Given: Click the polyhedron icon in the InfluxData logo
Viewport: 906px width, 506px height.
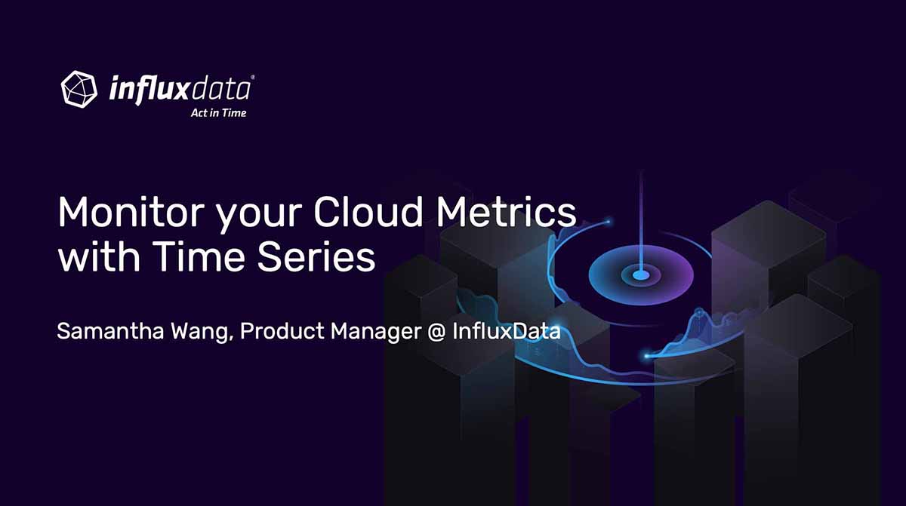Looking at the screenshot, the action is (x=79, y=89).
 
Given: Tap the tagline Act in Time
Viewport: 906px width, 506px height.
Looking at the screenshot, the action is (x=218, y=113).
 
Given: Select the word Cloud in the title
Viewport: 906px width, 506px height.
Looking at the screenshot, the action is (x=368, y=212).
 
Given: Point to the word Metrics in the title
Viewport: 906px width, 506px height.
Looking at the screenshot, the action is (x=506, y=212).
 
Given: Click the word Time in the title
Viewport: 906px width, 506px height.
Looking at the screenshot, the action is (x=199, y=256).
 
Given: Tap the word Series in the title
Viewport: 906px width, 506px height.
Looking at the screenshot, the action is (x=316, y=257).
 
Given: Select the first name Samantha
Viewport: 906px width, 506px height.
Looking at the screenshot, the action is (x=110, y=331).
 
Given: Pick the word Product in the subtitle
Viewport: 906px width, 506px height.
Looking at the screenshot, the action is (x=282, y=331).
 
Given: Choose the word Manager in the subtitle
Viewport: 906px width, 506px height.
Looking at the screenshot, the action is (x=376, y=333).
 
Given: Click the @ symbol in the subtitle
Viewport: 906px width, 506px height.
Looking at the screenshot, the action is (x=436, y=332).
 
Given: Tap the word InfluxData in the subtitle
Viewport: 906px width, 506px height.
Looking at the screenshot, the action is (x=507, y=331).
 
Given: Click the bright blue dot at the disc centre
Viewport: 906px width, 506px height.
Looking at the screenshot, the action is (x=641, y=275).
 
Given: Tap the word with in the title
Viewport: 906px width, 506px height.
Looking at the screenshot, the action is (x=99, y=256).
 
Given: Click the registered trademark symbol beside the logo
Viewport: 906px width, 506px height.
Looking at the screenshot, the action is (x=253, y=77).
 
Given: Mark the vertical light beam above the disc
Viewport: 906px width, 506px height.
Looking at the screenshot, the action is (x=641, y=222).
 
